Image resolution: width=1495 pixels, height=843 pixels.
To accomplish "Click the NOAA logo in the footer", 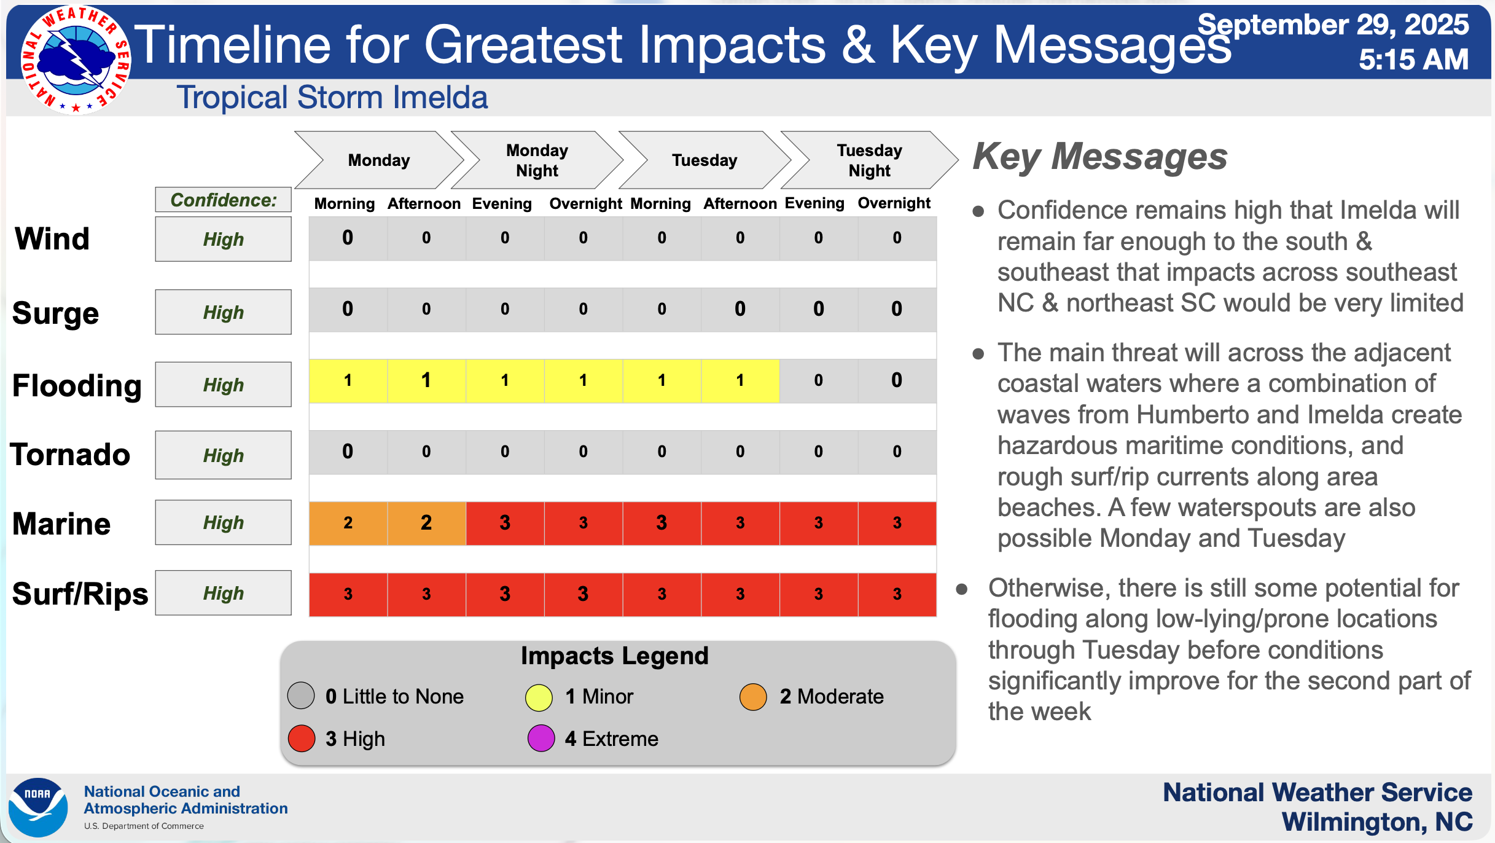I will coord(37,807).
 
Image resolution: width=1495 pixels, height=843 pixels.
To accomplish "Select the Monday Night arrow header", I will coord(537,160).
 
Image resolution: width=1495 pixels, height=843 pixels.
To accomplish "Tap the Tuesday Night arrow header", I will coord(869,160).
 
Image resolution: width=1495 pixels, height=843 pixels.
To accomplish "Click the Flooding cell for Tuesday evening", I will coord(818,381).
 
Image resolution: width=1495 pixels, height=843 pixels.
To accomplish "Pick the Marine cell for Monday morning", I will coord(348,523).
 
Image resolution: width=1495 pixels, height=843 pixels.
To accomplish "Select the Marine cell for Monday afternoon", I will coord(426,523).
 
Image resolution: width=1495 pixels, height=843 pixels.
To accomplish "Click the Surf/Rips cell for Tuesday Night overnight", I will coord(897,594).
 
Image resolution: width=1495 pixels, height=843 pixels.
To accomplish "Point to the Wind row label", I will coord(52,238).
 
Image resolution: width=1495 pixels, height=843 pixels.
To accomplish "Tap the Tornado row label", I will coord(70,455).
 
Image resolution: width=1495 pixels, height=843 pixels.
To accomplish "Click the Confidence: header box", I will coord(223,200).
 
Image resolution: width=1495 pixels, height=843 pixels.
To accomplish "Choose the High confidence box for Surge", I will coord(223,312).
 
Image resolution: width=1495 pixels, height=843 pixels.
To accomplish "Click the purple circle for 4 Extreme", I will coord(541,738).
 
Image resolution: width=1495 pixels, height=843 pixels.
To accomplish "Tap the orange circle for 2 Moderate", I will coord(753,697).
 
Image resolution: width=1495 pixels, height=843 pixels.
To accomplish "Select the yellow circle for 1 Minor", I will coord(539,697).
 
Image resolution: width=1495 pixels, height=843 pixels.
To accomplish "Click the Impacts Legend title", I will coord(614,656).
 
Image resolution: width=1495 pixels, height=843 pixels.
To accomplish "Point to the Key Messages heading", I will coord(1099,157).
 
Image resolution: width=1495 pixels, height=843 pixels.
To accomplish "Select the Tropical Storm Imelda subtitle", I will coord(332,97).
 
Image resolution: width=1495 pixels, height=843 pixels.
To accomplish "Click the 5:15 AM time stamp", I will coord(1413,60).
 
